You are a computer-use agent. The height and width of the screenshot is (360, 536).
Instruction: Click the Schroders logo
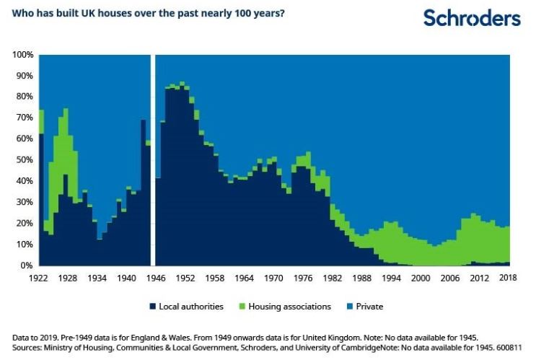click(472, 18)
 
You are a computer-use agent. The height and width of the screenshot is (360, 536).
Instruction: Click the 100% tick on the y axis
click(23, 55)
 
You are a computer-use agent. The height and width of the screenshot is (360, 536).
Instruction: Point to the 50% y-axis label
click(25, 160)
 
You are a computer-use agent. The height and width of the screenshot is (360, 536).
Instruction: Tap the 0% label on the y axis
click(26, 265)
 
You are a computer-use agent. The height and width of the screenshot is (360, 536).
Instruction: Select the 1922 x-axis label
click(38, 278)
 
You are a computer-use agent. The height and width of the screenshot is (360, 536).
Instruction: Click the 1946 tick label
click(156, 278)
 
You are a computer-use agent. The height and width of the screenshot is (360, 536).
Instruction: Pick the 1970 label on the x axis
click(273, 278)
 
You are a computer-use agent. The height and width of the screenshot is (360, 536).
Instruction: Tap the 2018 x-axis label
click(508, 278)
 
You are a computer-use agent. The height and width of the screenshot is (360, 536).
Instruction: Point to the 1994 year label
click(391, 278)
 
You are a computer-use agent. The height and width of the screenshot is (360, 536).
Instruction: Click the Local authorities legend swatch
click(153, 307)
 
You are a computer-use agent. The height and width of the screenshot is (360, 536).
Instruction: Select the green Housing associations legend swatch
click(242, 307)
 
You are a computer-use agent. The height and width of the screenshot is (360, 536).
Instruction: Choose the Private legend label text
click(369, 307)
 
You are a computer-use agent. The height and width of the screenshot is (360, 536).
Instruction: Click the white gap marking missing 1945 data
click(153, 160)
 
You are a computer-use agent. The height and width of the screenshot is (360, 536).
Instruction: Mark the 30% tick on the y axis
click(25, 202)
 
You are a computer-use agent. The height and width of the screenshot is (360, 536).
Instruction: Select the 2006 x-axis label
click(450, 278)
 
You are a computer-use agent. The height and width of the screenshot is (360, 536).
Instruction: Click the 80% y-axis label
click(25, 97)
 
